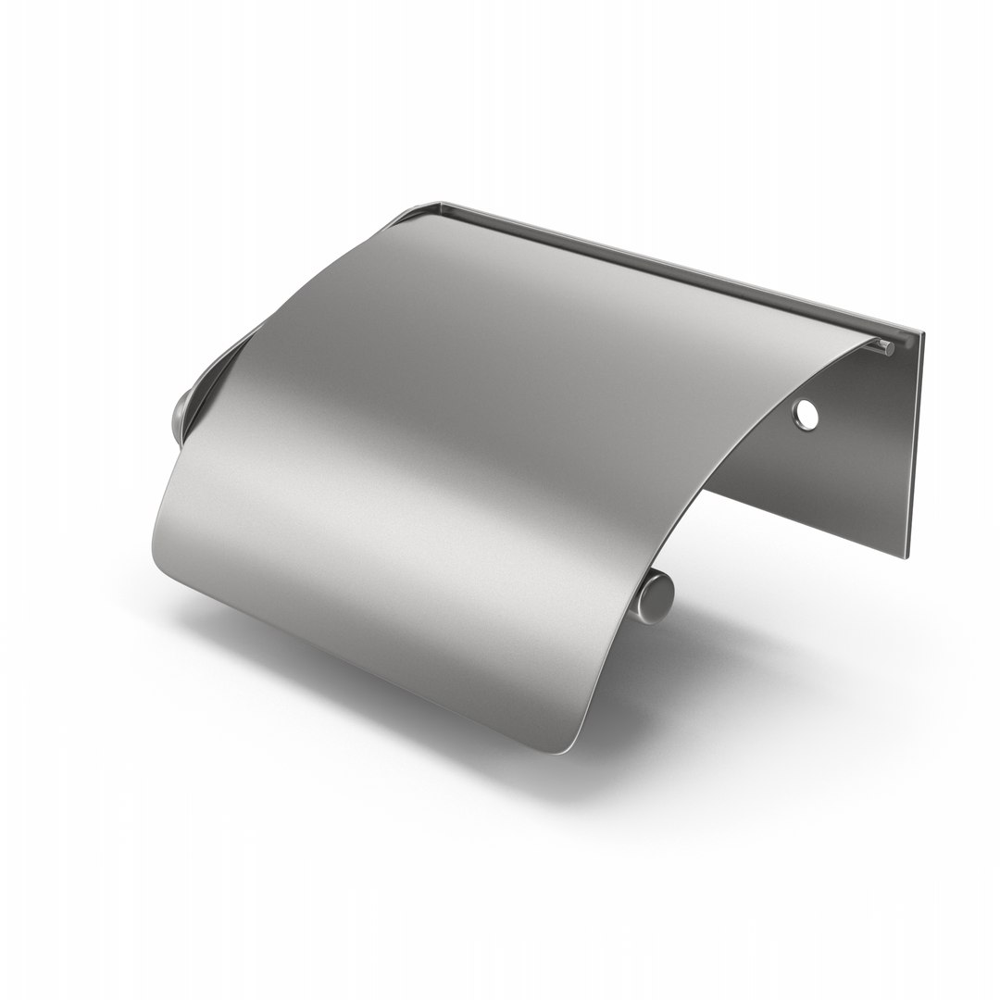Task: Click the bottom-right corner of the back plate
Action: (910, 557)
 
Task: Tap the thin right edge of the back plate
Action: (917, 444)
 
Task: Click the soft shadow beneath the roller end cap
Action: (685, 639)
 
